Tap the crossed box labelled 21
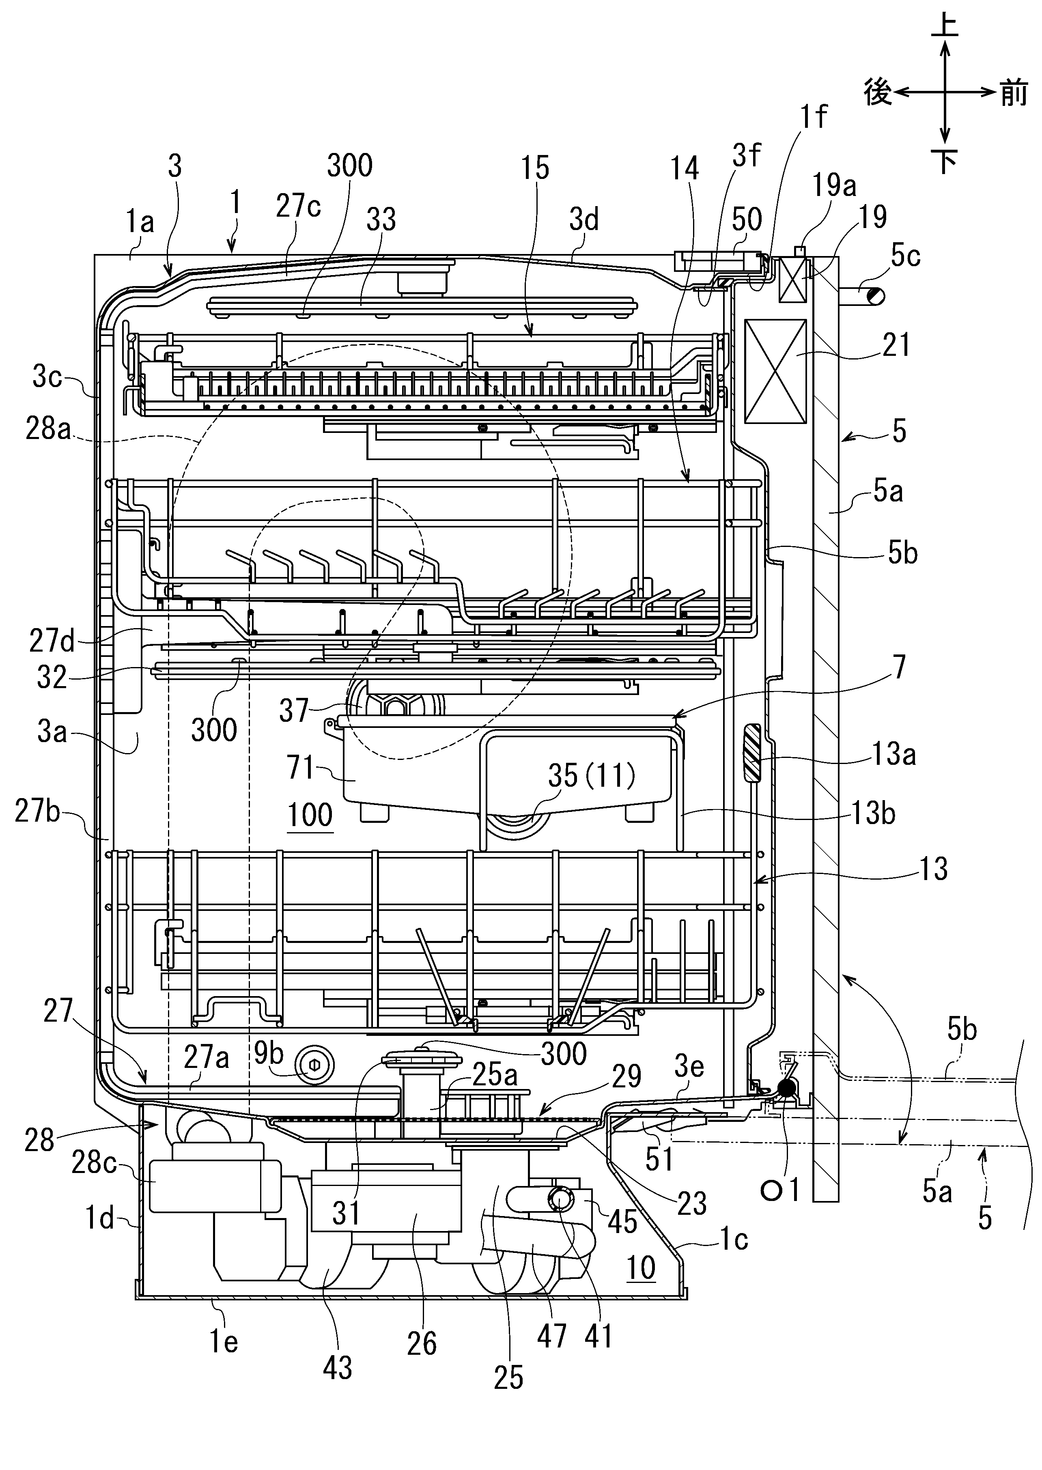[775, 372]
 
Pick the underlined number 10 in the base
[640, 1268]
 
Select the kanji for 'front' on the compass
[1014, 94]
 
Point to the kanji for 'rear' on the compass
[878, 93]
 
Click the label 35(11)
[591, 775]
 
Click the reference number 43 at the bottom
[338, 1367]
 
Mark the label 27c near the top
[298, 207]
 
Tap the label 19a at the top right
[834, 186]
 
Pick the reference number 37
[294, 710]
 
